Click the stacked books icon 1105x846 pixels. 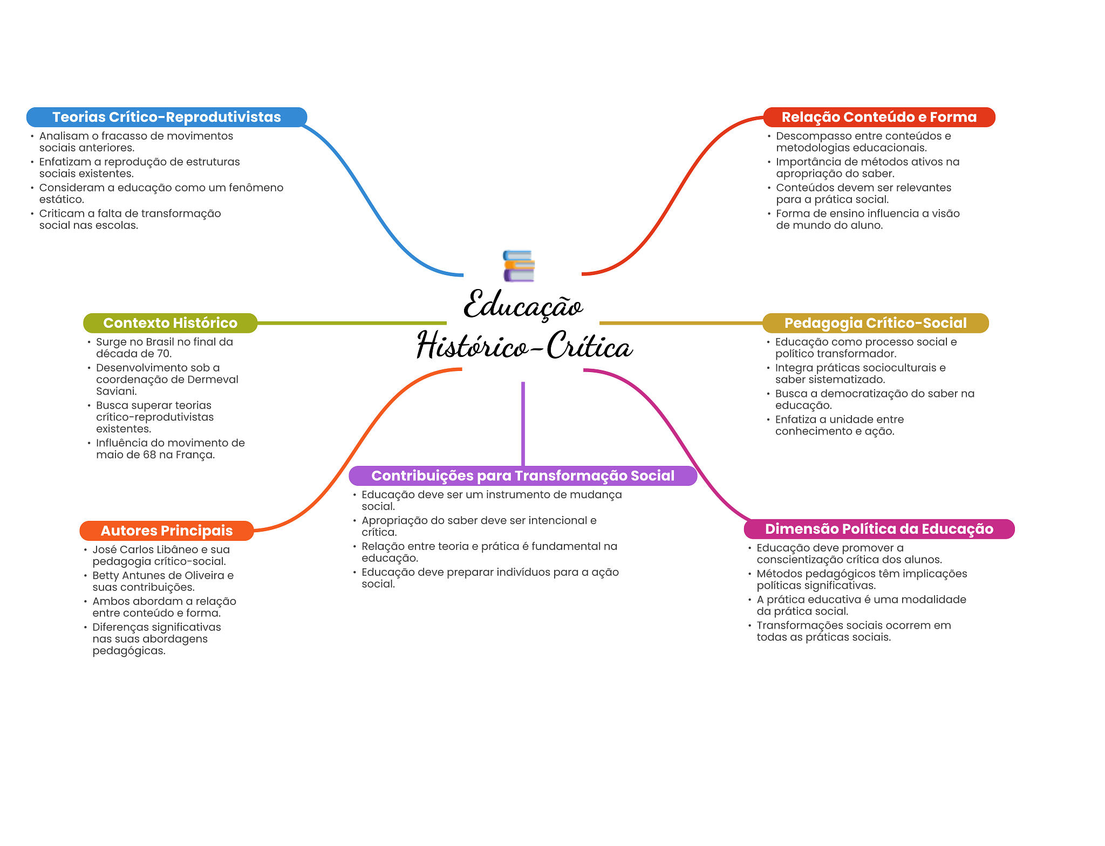(x=519, y=266)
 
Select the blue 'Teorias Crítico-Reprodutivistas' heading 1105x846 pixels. (x=167, y=117)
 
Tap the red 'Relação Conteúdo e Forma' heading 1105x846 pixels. (x=879, y=117)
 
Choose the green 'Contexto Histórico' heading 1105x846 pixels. (x=170, y=323)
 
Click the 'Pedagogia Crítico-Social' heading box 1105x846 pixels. (x=875, y=323)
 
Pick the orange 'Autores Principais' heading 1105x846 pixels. (x=167, y=531)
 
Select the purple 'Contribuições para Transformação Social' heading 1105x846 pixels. (x=523, y=476)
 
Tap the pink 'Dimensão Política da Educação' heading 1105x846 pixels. (x=879, y=529)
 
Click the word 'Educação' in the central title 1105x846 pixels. (x=523, y=305)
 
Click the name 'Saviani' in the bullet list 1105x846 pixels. (x=116, y=391)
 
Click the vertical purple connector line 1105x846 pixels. (x=523, y=423)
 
